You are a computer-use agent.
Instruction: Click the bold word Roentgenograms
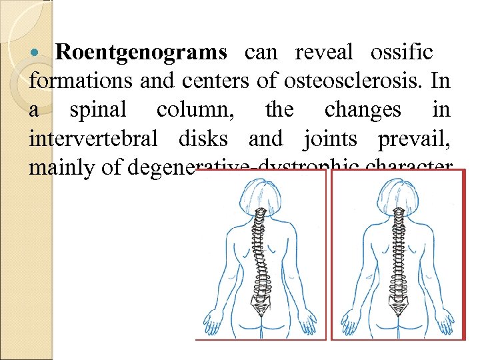tap(141, 52)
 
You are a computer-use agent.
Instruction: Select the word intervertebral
tap(93, 139)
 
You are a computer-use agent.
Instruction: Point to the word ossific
tap(402, 52)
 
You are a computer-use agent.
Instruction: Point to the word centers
tap(213, 81)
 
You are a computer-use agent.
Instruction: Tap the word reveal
tap(323, 52)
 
